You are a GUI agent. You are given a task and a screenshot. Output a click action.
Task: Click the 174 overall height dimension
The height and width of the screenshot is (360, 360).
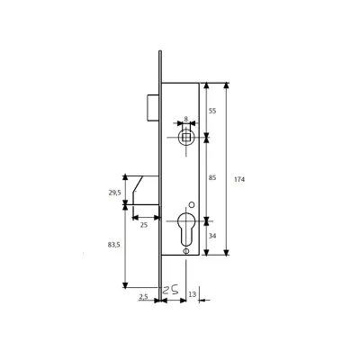239,179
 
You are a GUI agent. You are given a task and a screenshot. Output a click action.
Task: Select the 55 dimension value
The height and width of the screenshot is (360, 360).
212,111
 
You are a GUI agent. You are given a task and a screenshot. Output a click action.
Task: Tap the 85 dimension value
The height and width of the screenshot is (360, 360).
212,178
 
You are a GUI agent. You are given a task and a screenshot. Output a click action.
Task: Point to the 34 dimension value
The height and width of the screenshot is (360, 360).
212,236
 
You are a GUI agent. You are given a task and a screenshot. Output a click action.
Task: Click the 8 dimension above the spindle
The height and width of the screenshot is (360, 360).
186,119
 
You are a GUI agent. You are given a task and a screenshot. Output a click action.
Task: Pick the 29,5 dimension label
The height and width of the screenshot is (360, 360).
114,193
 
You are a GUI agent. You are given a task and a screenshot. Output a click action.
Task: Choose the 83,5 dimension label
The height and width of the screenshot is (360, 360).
114,245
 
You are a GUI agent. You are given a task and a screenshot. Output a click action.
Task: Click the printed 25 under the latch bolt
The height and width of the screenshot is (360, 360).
144,225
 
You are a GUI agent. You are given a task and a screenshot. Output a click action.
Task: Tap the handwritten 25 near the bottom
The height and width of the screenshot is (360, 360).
170,290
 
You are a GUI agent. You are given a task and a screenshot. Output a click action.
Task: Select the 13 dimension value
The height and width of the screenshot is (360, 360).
192,294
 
